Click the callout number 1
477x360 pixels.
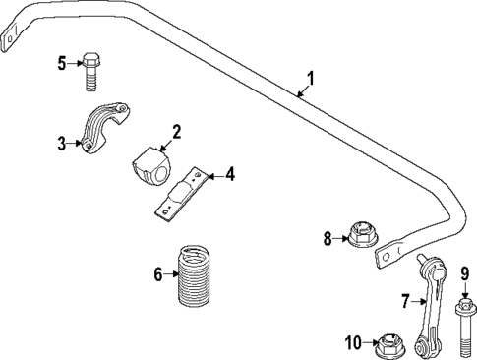tap(312, 77)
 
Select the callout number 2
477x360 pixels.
tap(176, 132)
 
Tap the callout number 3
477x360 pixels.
tap(61, 143)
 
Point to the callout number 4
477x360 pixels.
tap(229, 175)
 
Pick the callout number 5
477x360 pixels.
tap(61, 63)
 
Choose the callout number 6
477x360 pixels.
tap(157, 274)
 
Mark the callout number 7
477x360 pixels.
tap(403, 299)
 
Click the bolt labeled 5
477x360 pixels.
tap(89, 68)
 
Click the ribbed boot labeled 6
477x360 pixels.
tap(195, 276)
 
